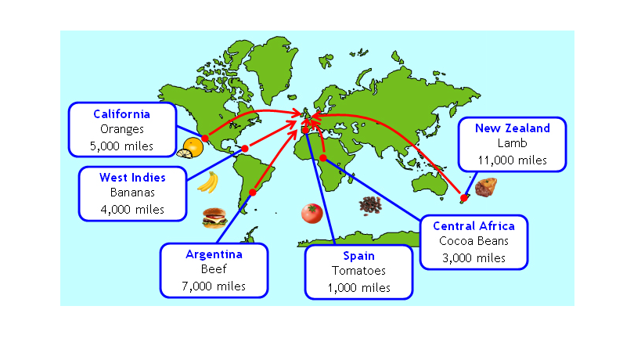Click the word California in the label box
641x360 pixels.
coord(121,114)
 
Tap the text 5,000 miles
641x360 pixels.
coord(121,146)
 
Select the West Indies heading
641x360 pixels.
coord(132,178)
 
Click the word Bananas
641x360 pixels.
coord(132,193)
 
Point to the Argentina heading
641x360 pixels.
coord(214,254)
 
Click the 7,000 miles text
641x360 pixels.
coord(214,286)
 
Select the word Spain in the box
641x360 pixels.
coord(358,256)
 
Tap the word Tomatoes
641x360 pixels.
coord(358,272)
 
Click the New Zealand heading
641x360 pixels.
coord(512,128)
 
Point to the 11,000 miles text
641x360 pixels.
coord(512,160)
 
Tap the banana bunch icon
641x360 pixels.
coord(207,182)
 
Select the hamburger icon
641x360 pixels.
coord(214,218)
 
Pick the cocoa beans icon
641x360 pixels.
coord(369,205)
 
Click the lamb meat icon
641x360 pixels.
coord(486,188)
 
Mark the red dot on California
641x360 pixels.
coord(204,138)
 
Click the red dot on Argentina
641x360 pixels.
coord(252,192)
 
